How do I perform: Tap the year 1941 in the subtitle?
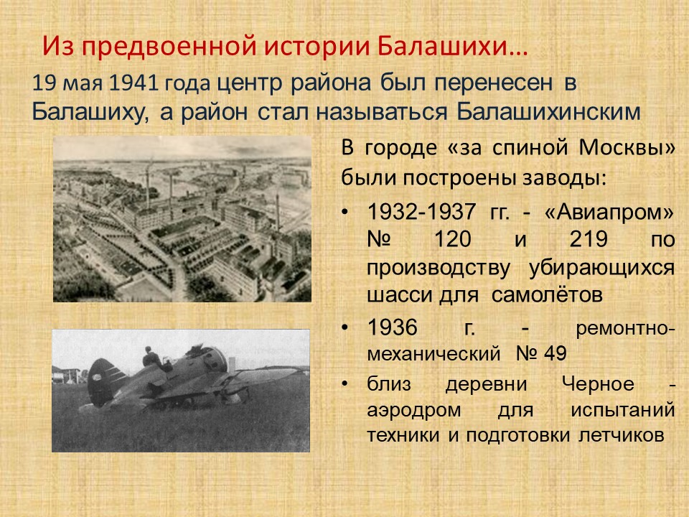(133, 83)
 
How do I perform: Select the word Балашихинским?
(548, 112)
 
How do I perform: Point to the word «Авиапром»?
(609, 212)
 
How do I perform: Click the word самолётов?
(547, 294)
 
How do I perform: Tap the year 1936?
(392, 327)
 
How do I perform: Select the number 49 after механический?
(555, 353)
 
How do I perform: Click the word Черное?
(598, 384)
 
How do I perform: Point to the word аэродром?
(414, 411)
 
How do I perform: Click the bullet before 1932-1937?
(345, 213)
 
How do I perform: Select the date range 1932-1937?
(421, 212)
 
